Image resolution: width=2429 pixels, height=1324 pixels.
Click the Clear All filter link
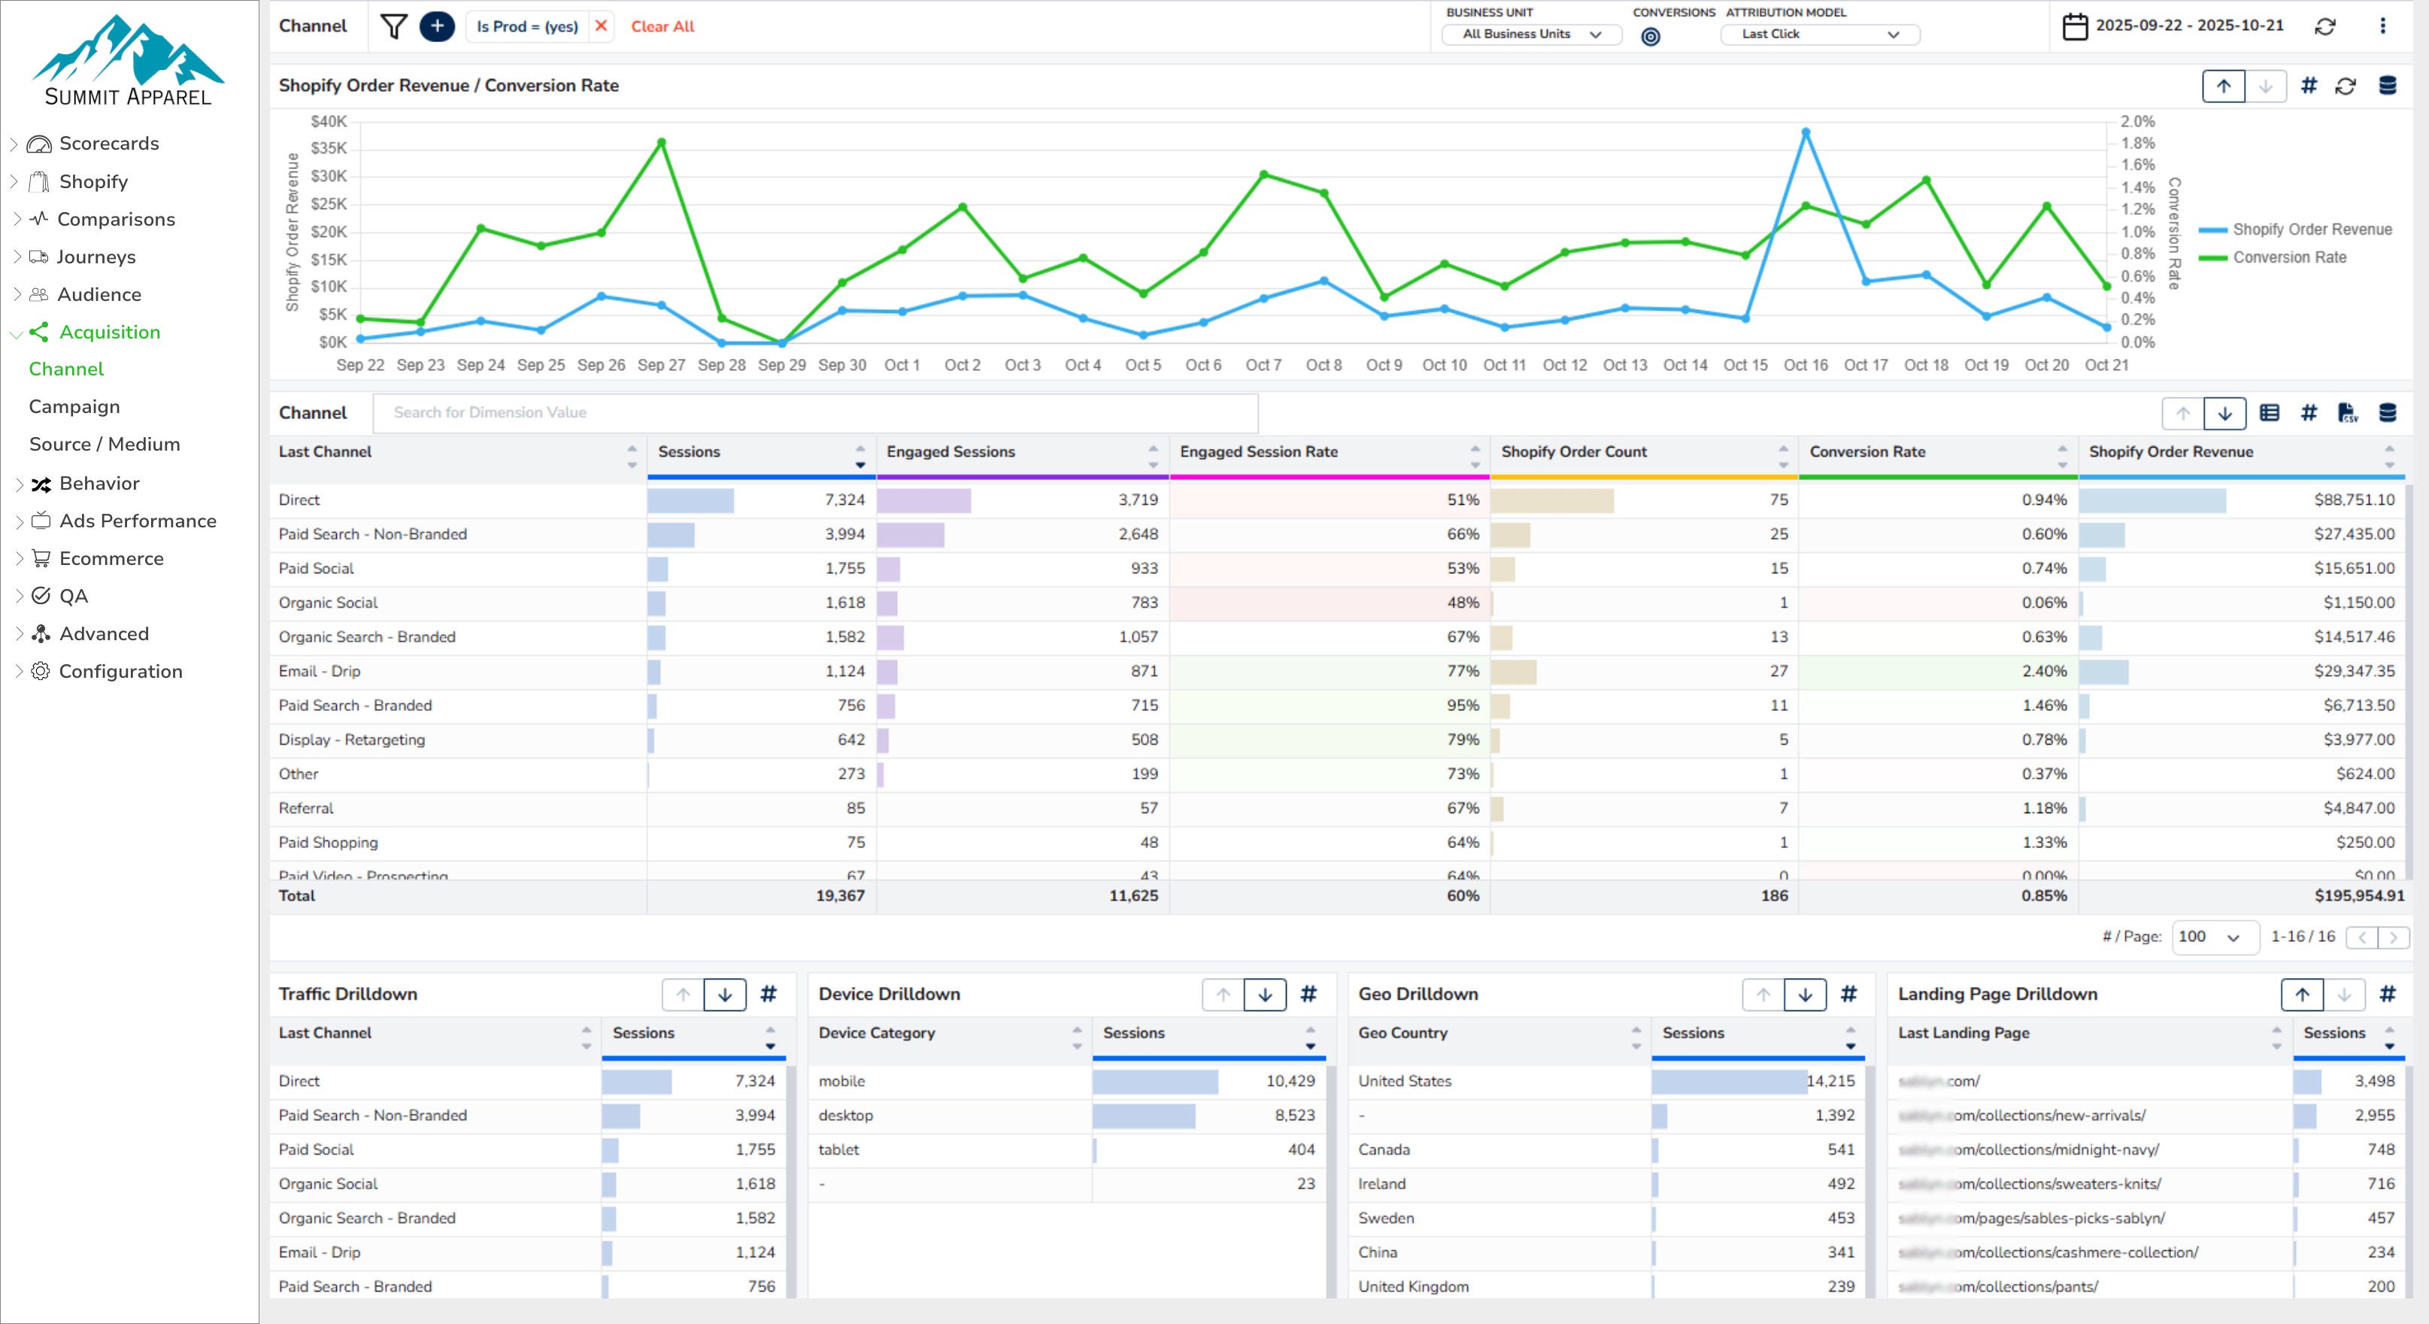[x=662, y=26]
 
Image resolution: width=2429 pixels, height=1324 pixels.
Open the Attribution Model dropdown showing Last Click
[x=1819, y=35]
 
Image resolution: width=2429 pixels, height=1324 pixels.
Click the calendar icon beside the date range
[x=2075, y=26]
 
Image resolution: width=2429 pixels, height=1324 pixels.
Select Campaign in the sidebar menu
[x=74, y=406]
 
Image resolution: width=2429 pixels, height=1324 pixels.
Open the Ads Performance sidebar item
[x=138, y=521]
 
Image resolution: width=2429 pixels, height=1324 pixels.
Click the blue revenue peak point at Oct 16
[x=1806, y=133]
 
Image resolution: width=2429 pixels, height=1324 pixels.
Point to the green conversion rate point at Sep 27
[x=662, y=142]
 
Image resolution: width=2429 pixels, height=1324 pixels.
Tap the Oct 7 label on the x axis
[x=1263, y=365]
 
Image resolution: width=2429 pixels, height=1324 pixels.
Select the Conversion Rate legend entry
[x=2288, y=257]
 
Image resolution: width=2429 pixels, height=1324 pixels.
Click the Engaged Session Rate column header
[x=1259, y=451]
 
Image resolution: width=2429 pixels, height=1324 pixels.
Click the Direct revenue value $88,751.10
[x=2354, y=500]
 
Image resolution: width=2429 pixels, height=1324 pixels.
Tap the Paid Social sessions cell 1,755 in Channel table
[x=844, y=569]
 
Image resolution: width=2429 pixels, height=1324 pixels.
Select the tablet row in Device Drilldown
[x=839, y=1149]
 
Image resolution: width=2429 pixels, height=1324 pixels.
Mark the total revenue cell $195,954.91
[x=2358, y=896]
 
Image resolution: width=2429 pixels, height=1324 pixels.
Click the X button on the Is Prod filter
[x=601, y=26]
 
